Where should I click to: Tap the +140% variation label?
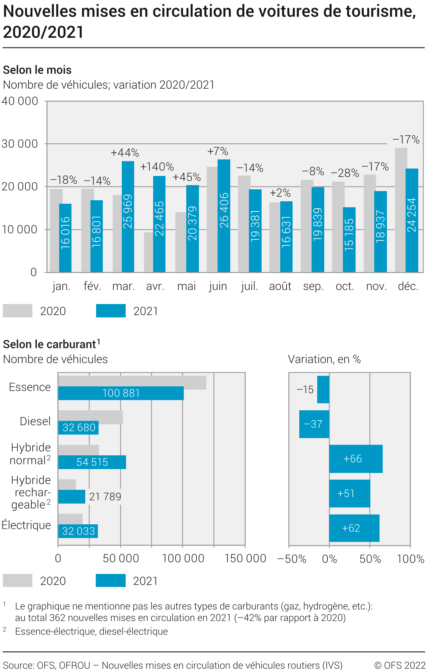pos(157,167)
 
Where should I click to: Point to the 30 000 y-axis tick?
pos(20,144)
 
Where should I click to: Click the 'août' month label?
pos(280,286)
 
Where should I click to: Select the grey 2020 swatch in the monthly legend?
pos(18,311)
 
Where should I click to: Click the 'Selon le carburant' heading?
pos(50,344)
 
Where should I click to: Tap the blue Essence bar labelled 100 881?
pos(121,393)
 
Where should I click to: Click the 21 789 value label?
pos(105,497)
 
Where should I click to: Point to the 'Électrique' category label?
pos(26,525)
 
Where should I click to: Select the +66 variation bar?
pos(356,459)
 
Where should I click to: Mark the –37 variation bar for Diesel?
pos(314,424)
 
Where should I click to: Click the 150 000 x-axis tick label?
pos(245,558)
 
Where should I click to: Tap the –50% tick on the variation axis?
pos(292,559)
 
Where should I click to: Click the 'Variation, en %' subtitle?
pos(324,359)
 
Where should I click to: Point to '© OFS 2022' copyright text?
pos(400,665)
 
